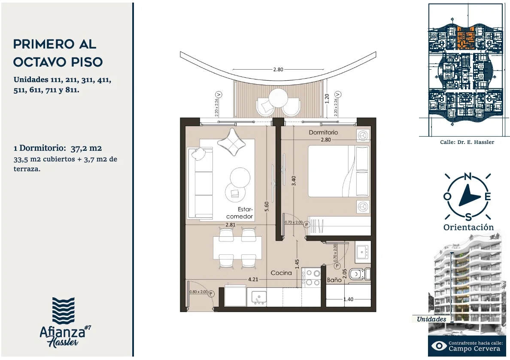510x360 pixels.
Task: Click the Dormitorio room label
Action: pyautogui.click(x=323, y=132)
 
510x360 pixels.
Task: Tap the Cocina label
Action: pyautogui.click(x=281, y=273)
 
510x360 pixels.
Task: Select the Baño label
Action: pyautogui.click(x=334, y=280)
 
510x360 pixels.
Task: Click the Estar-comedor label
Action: pyautogui.click(x=240, y=213)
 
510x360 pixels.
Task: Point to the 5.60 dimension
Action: pyautogui.click(x=267, y=207)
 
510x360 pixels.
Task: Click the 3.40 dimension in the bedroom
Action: pyautogui.click(x=294, y=181)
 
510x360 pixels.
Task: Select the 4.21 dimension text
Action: pyautogui.click(x=253, y=279)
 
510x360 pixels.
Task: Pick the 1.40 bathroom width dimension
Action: pyautogui.click(x=348, y=299)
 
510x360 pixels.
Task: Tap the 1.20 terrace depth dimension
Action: pyautogui.click(x=327, y=99)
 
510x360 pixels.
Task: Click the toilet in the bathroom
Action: pyautogui.click(x=360, y=274)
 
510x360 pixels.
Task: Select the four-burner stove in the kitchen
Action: pyautogui.click(x=311, y=278)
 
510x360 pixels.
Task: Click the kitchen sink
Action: pyautogui.click(x=259, y=297)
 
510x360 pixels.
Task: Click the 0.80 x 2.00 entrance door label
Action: pyautogui.click(x=198, y=292)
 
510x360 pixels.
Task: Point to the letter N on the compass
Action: pyautogui.click(x=467, y=177)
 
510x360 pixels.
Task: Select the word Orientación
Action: pyautogui.click(x=468, y=227)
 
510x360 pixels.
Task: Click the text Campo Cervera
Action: pyautogui.click(x=474, y=348)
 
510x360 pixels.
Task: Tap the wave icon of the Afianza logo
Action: pyautogui.click(x=64, y=311)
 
